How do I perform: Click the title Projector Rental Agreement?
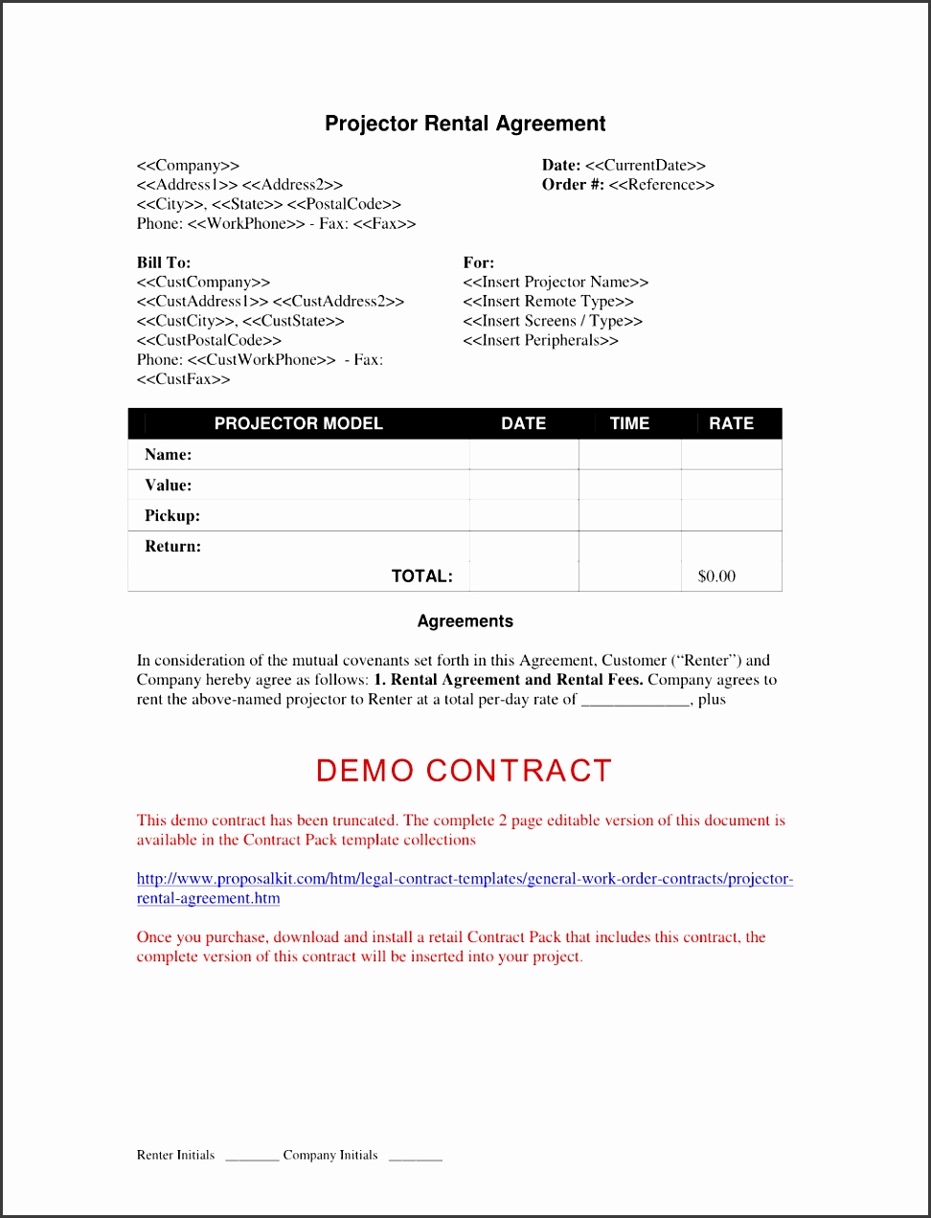point(465,124)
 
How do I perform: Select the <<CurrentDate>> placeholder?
point(645,166)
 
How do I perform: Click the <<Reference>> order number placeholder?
point(661,185)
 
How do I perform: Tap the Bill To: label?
point(164,262)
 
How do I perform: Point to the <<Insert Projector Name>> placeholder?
point(556,282)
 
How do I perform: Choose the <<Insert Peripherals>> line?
point(540,341)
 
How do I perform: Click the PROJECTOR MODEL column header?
point(298,423)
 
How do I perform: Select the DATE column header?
point(523,423)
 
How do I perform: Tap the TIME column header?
point(629,423)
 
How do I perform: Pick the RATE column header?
point(731,423)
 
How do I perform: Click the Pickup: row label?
point(172,516)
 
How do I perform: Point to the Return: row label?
point(172,547)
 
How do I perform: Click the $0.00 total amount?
point(716,576)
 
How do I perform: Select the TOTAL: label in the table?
point(421,576)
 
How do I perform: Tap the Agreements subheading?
point(465,621)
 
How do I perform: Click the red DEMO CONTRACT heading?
point(464,771)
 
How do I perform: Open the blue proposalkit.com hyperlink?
point(465,879)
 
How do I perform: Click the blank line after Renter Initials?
point(252,1158)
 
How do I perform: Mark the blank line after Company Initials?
point(416,1158)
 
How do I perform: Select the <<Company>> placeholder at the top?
point(188,166)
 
